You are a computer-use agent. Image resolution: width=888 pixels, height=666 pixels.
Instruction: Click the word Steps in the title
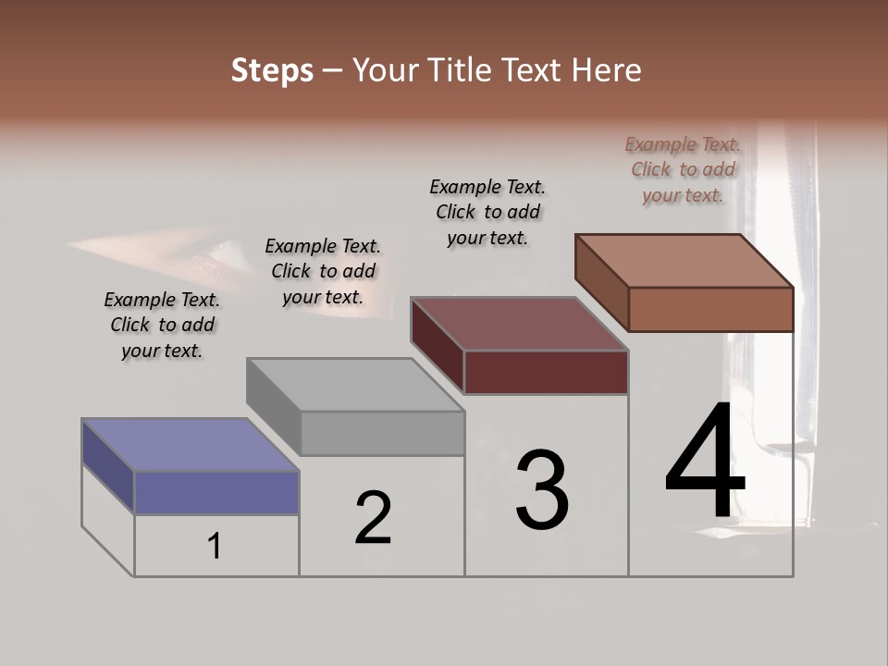click(272, 70)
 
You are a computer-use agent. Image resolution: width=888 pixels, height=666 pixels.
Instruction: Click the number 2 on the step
click(373, 518)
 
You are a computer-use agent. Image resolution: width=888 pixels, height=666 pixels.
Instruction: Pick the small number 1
click(215, 547)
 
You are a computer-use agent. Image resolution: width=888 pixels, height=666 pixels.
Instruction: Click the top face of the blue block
click(190, 445)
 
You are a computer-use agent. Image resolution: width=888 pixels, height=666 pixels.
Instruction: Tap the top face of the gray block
click(354, 384)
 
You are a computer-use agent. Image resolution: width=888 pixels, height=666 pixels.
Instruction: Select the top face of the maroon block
click(519, 324)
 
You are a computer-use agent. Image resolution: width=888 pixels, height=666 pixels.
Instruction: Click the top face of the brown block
click(684, 261)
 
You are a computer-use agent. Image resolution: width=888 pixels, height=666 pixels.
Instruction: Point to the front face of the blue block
click(216, 492)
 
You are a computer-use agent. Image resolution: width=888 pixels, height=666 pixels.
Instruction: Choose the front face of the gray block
click(382, 433)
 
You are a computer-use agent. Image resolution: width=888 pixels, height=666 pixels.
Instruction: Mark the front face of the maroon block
click(546, 373)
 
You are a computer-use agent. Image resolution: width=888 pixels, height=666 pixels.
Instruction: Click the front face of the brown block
click(710, 309)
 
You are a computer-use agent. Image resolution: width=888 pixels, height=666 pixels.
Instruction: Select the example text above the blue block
click(162, 325)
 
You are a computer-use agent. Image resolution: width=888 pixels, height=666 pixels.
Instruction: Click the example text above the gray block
click(323, 271)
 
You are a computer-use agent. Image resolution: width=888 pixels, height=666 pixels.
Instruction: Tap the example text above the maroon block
click(487, 212)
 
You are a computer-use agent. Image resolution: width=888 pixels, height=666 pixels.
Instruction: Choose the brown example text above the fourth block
click(683, 169)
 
